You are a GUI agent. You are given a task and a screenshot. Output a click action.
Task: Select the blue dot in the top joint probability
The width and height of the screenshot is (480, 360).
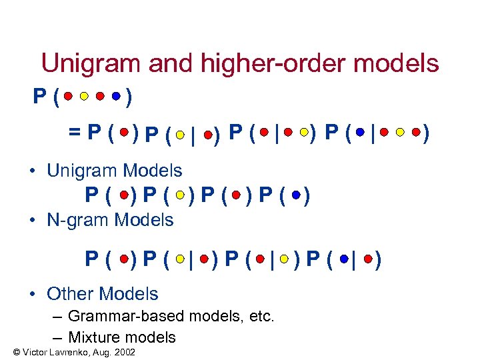pos(116,97)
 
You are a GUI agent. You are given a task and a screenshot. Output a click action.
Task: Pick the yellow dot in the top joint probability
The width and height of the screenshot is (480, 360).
pos(84,97)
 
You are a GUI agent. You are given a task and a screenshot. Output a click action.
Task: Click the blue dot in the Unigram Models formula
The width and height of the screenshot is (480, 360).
pos(295,195)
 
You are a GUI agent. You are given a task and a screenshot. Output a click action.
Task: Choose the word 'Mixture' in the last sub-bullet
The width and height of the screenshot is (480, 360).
pos(95,337)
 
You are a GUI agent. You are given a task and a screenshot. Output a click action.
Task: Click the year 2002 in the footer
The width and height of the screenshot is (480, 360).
pos(124,351)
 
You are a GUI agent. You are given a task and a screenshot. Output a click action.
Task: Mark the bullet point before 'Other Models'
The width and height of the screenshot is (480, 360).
pos(33,294)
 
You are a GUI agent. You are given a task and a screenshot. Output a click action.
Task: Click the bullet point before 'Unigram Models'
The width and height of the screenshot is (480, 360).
pos(33,171)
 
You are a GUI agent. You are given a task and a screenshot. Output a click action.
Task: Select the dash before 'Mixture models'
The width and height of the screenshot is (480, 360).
pos(57,337)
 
